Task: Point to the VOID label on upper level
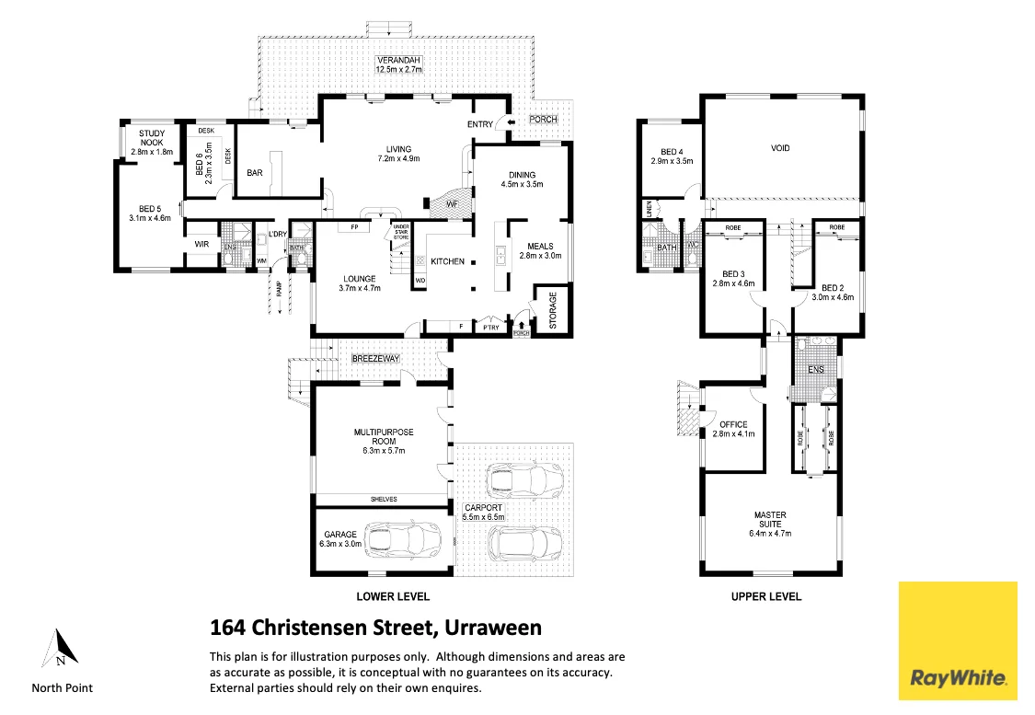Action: point(780,148)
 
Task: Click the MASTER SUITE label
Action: point(770,521)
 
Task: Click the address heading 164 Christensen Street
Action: point(375,629)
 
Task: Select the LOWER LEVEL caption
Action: point(393,596)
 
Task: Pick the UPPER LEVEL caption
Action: point(765,596)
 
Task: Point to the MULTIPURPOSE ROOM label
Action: point(380,436)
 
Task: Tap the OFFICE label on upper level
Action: point(733,424)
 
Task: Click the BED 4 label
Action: point(672,152)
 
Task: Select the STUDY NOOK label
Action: point(151,138)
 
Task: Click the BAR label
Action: point(255,172)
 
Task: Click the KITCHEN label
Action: point(448,262)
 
